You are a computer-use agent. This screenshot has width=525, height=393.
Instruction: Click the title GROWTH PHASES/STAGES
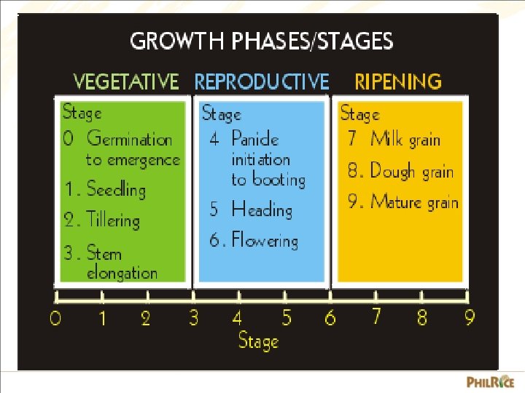pos(261,41)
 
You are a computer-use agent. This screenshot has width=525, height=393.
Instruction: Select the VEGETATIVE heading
pos(126,82)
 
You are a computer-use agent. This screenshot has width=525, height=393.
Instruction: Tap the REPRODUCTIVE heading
pos(262,82)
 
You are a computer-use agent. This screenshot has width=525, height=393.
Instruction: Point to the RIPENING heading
pos(397,82)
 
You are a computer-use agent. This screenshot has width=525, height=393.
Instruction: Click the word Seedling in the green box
pos(116,190)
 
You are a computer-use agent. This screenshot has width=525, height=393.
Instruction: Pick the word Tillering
pos(112,220)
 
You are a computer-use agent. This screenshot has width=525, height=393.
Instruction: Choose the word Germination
pos(129,138)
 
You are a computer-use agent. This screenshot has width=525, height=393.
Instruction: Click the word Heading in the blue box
pos(261,210)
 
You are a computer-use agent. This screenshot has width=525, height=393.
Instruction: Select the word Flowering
pos(265,241)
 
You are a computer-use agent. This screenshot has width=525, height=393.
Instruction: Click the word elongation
pos(122,274)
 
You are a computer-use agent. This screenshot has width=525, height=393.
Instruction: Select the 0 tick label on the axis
pos(55,319)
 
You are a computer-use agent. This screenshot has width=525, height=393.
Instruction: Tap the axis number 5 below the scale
pos(287,318)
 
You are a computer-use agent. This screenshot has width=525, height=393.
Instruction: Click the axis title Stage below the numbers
pos(259,341)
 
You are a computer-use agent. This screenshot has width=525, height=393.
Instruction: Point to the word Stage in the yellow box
pos(359,114)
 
